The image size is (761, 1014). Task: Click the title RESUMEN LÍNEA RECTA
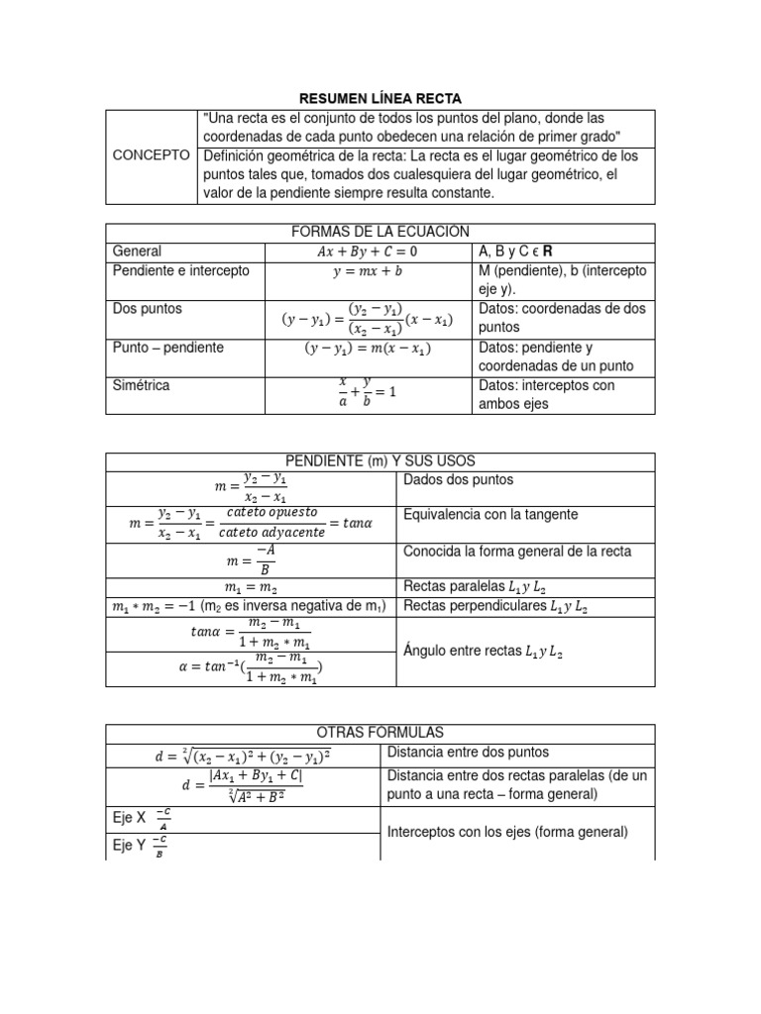(x=380, y=98)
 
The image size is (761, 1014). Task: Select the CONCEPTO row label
(x=152, y=155)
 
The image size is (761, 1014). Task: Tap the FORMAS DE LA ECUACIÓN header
(x=380, y=232)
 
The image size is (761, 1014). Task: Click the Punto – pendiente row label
(x=168, y=348)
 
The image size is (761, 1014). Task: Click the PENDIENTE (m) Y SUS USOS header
(x=380, y=461)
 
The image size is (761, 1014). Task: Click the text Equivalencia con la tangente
(x=490, y=515)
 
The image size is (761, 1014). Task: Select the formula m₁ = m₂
(x=252, y=588)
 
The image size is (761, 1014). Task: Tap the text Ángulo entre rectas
(x=484, y=652)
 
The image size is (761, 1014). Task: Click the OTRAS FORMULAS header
(x=380, y=733)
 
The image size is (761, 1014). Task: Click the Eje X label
(x=128, y=818)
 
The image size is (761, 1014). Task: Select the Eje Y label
(x=128, y=846)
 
